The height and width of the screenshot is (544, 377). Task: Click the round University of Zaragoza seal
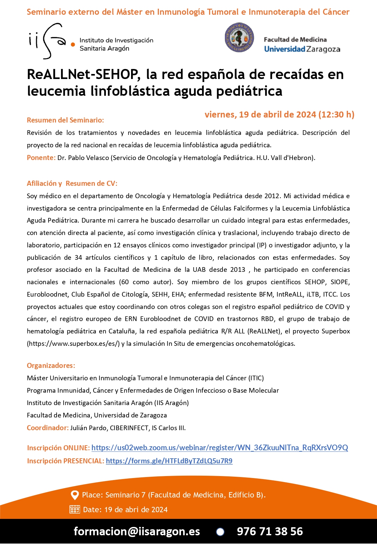coord(239,38)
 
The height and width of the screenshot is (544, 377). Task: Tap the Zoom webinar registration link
coord(219,448)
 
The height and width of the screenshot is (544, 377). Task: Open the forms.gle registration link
coord(169,461)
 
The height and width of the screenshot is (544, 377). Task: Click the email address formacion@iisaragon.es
coord(137,531)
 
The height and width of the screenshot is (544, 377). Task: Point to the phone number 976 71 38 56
coord(270,531)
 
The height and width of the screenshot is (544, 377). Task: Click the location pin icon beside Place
coord(74,495)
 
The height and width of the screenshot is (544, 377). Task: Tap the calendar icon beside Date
coord(74,510)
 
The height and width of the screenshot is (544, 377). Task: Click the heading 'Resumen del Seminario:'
coord(65,120)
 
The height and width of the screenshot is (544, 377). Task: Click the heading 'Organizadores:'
coord(51,366)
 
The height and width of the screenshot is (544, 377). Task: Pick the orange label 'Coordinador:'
coord(48,428)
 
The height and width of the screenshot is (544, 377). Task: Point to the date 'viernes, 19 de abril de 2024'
coord(260,115)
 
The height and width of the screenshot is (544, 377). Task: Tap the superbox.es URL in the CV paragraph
coord(73,343)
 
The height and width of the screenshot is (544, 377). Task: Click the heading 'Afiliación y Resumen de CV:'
coord(72,183)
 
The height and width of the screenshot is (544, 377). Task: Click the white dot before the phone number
coord(220,532)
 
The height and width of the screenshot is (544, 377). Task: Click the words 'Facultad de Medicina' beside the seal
coord(295,40)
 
